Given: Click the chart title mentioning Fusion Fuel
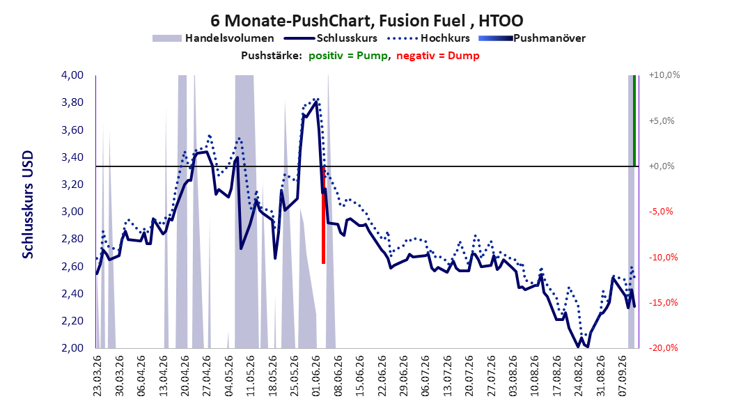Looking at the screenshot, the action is click(366, 21).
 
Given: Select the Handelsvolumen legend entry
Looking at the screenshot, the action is click(214, 38).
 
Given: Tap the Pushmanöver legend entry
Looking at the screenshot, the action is click(532, 38).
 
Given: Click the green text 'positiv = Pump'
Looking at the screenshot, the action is click(348, 56).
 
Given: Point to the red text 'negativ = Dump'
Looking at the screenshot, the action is click(438, 56).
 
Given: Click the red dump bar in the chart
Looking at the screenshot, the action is click(323, 214).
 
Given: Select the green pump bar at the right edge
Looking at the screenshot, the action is click(634, 120).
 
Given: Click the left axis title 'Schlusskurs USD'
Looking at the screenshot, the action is click(28, 205).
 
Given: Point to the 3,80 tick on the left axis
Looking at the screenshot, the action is click(72, 102).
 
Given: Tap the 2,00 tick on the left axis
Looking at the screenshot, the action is click(72, 348).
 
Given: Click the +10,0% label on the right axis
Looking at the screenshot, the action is click(664, 75).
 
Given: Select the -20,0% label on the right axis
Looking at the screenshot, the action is click(663, 348).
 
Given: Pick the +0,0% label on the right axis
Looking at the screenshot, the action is click(662, 166).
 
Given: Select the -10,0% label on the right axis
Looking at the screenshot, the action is click(663, 258).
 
